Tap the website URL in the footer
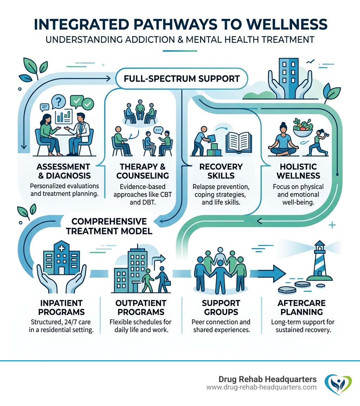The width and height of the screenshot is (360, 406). pyautogui.click(x=261, y=387)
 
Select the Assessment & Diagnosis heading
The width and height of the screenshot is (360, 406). pyautogui.click(x=63, y=171)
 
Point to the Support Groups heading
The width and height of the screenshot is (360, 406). pyautogui.click(x=221, y=307)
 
